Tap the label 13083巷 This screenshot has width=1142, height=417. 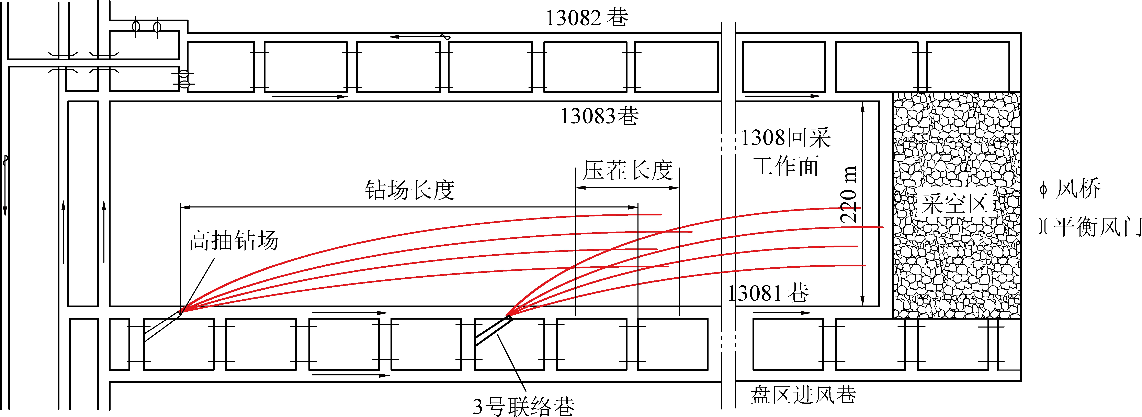pyautogui.click(x=599, y=116)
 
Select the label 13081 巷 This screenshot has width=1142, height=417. pyautogui.click(x=768, y=293)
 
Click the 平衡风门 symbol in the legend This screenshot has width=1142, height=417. pyautogui.click(x=1043, y=227)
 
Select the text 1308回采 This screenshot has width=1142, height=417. pyautogui.click(x=785, y=138)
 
